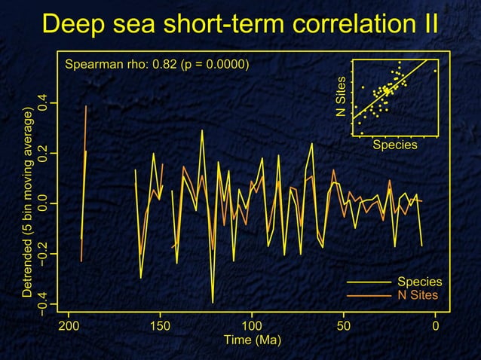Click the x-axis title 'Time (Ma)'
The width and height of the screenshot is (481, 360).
point(252,340)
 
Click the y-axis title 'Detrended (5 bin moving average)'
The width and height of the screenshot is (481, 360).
point(28,202)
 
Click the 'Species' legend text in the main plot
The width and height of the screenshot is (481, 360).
point(419,282)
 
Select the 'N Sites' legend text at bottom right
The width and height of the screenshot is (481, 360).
point(418,294)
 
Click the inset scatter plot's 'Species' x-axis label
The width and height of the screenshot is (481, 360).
point(394,145)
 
